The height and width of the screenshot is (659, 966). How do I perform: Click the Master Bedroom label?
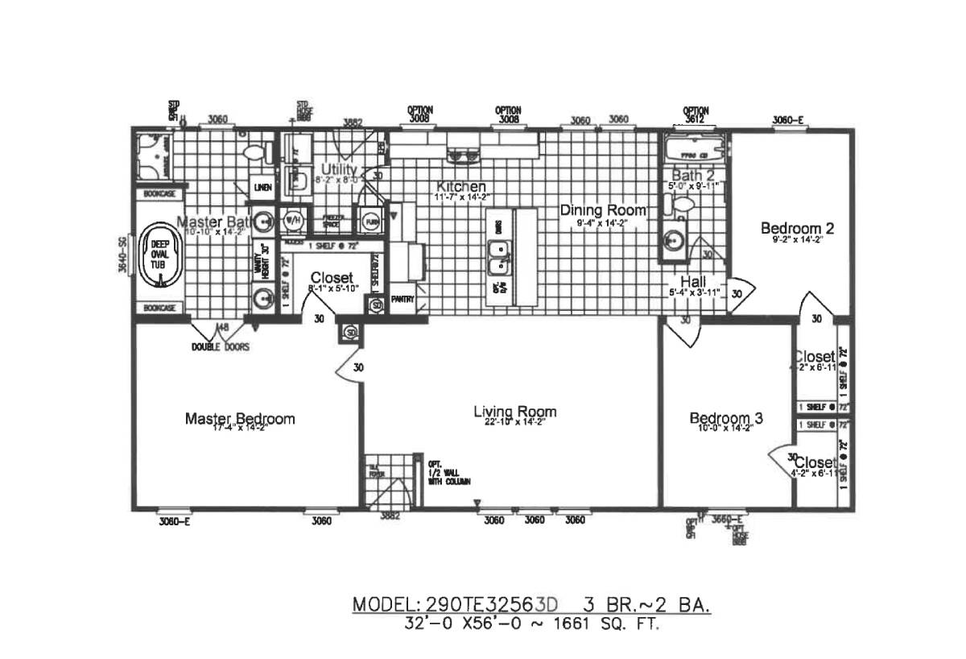click(x=240, y=419)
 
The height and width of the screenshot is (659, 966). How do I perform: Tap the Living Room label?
click(x=515, y=412)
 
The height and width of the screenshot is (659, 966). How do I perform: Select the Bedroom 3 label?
click(x=726, y=419)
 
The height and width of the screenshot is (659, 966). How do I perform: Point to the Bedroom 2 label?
click(x=797, y=228)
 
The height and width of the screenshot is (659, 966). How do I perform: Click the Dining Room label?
click(x=603, y=210)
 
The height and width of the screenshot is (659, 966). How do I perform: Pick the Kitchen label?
click(x=461, y=186)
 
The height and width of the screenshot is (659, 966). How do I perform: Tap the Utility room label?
click(x=339, y=169)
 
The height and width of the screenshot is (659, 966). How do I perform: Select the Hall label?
click(x=693, y=281)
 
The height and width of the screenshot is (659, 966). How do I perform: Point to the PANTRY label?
click(x=402, y=300)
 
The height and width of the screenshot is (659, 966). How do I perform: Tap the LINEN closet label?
click(x=262, y=188)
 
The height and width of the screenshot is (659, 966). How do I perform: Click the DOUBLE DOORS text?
click(x=220, y=347)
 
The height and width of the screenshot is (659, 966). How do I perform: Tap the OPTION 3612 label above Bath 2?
click(x=696, y=114)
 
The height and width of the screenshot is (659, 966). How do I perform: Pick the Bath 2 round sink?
click(x=673, y=239)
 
